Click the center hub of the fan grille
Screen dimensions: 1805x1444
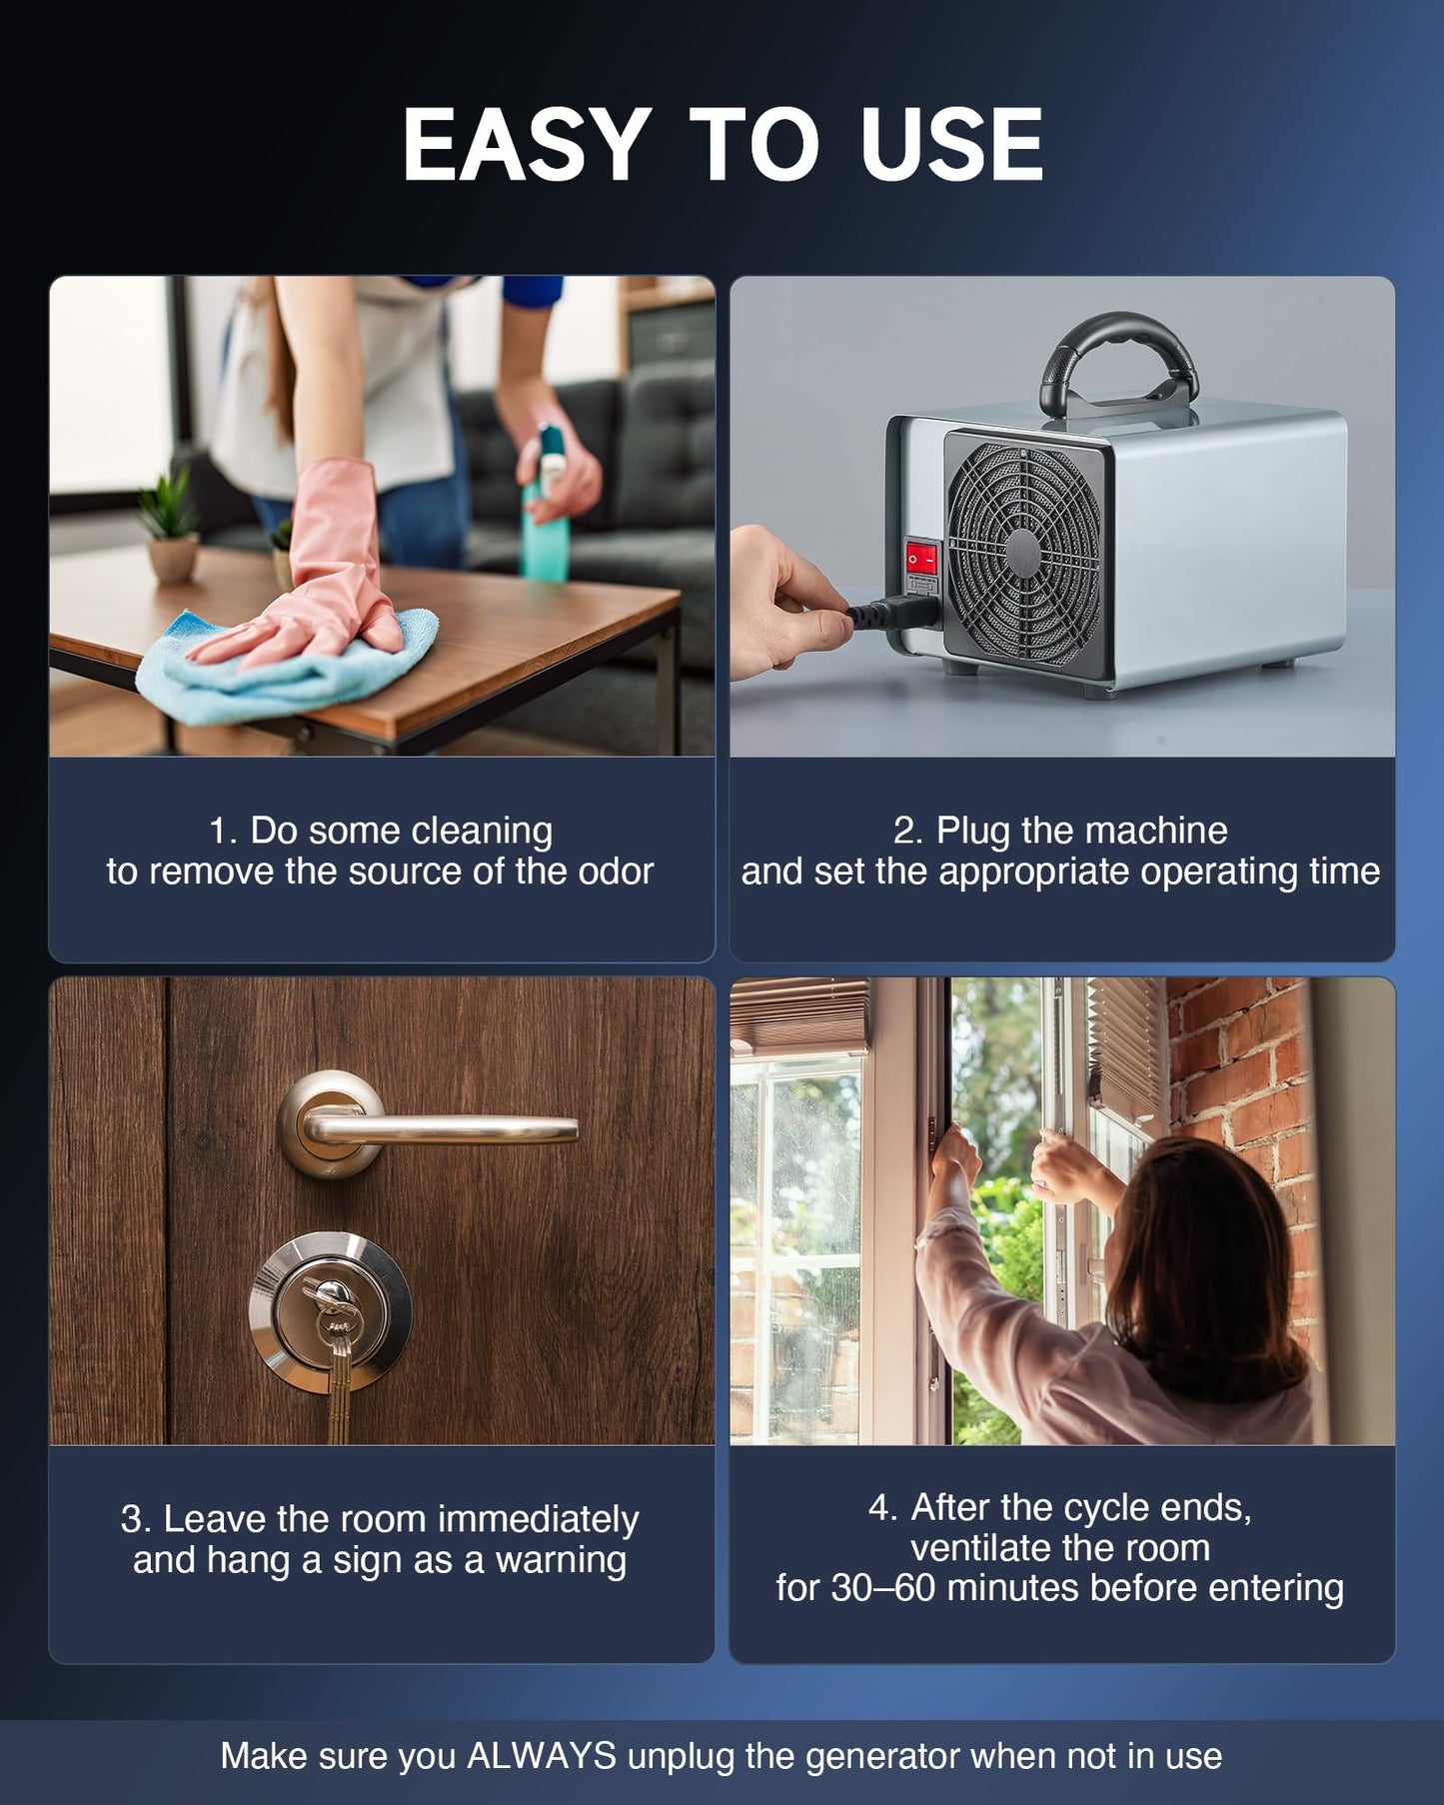tap(1021, 552)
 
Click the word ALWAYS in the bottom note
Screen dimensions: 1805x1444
tap(542, 1756)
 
